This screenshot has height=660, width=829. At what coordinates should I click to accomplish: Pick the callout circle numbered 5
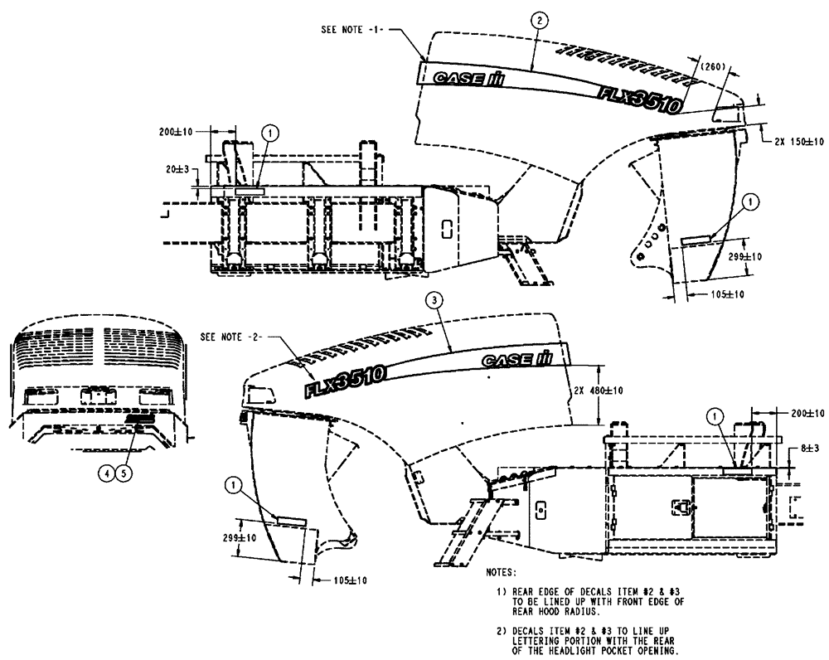click(124, 473)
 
